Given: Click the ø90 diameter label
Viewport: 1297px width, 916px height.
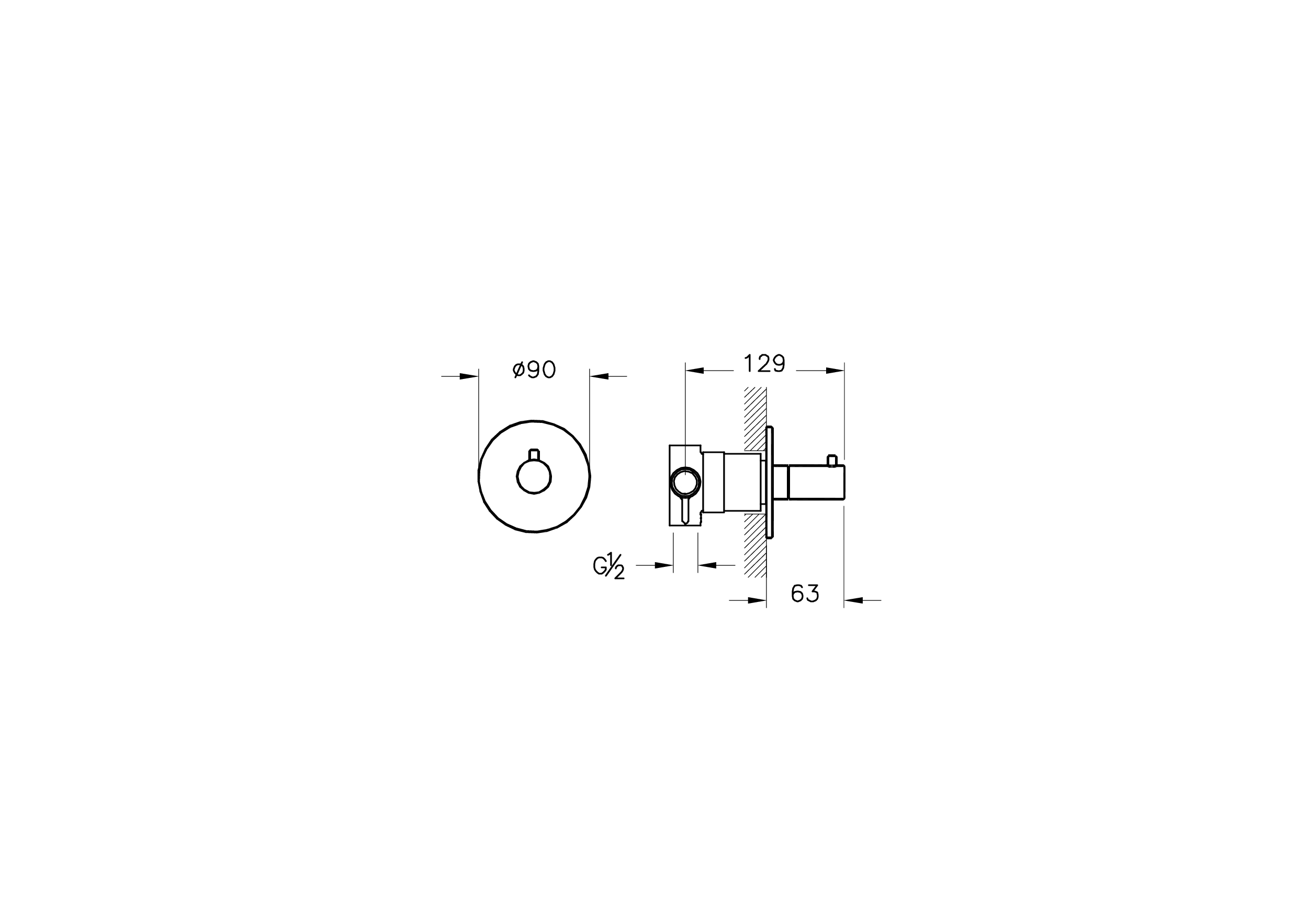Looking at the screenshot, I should [534, 370].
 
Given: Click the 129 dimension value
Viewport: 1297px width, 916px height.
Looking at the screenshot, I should [764, 364].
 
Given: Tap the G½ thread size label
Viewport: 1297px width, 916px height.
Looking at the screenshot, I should [609, 566].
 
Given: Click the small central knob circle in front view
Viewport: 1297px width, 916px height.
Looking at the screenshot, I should [534, 476].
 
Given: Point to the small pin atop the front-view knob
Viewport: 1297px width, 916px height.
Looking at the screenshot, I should [534, 454].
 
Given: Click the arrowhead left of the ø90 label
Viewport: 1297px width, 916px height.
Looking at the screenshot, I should [469, 376].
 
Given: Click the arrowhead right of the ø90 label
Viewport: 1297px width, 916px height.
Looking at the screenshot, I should [600, 376].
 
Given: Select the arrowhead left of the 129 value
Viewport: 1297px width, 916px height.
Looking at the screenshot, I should [695, 371].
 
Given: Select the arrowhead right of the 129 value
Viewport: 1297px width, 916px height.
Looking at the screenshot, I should [834, 371].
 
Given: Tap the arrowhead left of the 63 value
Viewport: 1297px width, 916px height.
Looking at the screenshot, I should [757, 600].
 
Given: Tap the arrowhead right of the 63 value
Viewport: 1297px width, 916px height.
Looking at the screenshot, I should [853, 600].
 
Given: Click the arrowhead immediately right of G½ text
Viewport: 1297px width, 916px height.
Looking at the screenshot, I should [664, 565].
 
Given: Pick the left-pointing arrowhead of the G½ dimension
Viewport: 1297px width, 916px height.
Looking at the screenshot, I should [708, 565].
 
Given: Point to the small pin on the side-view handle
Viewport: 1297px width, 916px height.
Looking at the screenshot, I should [831, 461].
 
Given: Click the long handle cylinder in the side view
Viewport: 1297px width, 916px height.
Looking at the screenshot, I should [816, 483].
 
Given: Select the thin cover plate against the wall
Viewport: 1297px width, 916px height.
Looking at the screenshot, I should [770, 483].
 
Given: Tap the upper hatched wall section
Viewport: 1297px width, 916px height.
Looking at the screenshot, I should [754, 418].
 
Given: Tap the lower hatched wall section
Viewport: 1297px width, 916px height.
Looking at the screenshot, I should [754, 545].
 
